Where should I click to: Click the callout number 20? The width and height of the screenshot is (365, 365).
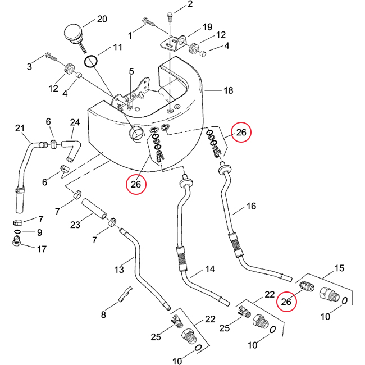click(101, 19)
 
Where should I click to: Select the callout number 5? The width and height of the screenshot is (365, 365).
click(131, 71)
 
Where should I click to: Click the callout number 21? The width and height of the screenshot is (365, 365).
click(20, 129)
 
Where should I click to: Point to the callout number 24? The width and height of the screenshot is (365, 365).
click(75, 122)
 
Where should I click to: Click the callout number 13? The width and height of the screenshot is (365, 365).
click(119, 270)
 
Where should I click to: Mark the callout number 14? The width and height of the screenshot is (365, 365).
click(209, 270)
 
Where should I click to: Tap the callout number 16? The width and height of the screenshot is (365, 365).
click(251, 207)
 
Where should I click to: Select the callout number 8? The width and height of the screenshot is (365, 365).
click(103, 315)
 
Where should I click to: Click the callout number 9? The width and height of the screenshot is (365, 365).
click(40, 232)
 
